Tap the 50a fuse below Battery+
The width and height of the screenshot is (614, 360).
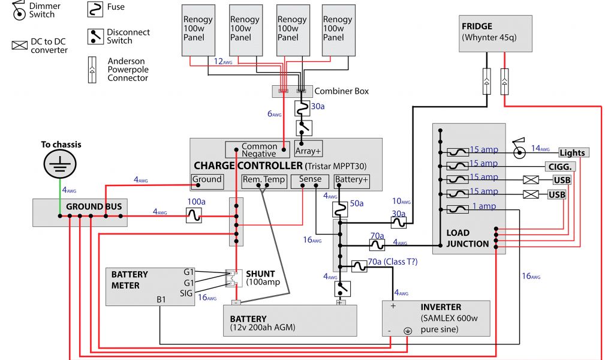(340, 208)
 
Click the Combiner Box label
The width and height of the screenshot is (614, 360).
(342, 91)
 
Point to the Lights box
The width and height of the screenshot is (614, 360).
(572, 153)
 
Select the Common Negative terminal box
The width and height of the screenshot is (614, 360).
(258, 150)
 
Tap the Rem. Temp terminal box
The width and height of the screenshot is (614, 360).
(264, 179)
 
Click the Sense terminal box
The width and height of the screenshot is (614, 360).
(310, 179)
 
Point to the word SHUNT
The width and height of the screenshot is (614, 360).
(260, 274)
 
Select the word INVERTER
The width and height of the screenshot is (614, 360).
(441, 307)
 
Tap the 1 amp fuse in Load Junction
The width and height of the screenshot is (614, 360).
(458, 209)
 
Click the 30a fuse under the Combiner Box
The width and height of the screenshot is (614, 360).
(302, 108)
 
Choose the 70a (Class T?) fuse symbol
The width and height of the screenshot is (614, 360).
(358, 266)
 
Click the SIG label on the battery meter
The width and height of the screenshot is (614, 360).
(186, 293)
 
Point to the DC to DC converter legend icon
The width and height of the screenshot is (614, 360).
(20, 45)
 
